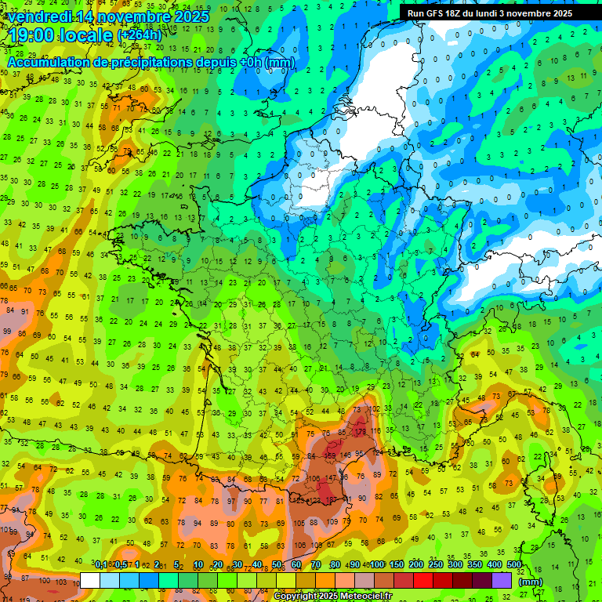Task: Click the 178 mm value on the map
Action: click(x=360, y=432)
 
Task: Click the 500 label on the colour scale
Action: click(x=514, y=565)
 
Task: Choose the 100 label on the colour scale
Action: click(x=378, y=565)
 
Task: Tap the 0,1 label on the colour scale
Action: click(x=101, y=565)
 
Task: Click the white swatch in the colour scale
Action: click(x=90, y=580)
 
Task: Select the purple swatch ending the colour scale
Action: click(x=502, y=580)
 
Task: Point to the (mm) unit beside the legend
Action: click(x=531, y=582)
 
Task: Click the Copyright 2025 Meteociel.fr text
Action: click(x=332, y=597)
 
